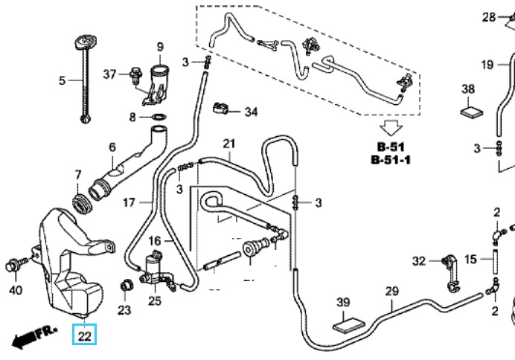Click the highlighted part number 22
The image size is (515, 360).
[84, 336]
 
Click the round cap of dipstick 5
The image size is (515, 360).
[83, 41]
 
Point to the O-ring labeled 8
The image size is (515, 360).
[158, 117]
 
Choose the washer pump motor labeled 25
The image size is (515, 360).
[156, 269]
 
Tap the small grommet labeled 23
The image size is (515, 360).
[125, 285]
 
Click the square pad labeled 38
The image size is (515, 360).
[470, 112]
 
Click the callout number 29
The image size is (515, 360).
[391, 291]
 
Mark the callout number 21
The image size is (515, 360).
[228, 144]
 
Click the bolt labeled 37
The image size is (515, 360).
[135, 74]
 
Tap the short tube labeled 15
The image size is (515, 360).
[492, 260]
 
